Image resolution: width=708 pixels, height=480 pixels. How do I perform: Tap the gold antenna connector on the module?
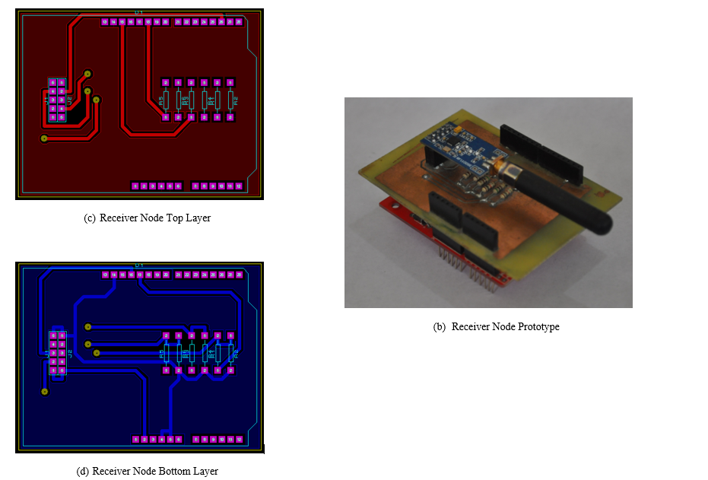tap(500, 161)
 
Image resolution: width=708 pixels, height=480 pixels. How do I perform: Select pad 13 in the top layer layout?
tap(105, 22)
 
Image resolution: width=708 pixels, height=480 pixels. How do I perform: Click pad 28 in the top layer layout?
tap(240, 22)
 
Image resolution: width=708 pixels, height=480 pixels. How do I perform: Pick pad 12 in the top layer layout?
tap(240, 186)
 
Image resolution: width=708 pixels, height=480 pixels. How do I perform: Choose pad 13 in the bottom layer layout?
tap(105, 275)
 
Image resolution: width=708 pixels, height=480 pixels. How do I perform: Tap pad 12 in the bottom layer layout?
tap(240, 440)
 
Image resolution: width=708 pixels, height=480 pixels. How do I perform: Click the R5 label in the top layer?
tap(161, 100)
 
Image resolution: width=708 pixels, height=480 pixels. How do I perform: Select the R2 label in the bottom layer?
tap(236, 353)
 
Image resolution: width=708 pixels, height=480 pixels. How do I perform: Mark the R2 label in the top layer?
tap(236, 100)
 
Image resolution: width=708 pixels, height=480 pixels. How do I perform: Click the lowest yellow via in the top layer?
tap(44, 138)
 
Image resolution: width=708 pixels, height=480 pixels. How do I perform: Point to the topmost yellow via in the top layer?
tap(87, 74)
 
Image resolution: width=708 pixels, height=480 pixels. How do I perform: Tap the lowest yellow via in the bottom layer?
tap(44, 392)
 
